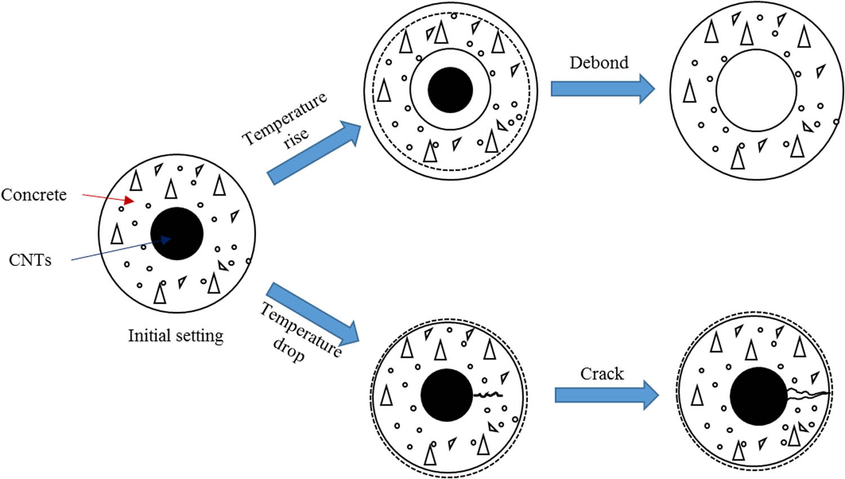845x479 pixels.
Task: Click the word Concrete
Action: tap(34, 195)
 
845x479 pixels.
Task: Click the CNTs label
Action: tap(30, 260)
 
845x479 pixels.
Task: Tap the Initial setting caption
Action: tap(176, 336)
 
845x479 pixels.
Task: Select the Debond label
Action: tap(599, 63)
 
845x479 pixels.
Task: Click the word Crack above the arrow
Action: tap(602, 374)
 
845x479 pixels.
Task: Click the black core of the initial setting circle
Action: tap(177, 233)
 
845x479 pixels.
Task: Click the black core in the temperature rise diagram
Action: tap(450, 90)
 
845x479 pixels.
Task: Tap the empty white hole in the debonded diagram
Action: tap(757, 90)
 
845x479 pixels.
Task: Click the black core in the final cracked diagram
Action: tap(758, 396)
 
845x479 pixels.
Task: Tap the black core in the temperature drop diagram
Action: tap(447, 395)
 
